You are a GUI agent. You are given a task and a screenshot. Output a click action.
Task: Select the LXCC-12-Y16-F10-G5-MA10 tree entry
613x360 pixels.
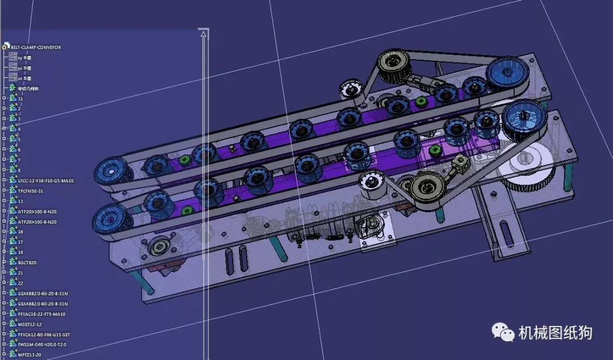pyautogui.click(x=45, y=181)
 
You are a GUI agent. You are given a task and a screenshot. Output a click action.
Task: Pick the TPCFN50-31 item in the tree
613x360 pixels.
pyautogui.click(x=31, y=191)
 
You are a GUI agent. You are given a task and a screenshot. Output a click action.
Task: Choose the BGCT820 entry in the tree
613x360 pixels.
pyautogui.click(x=27, y=262)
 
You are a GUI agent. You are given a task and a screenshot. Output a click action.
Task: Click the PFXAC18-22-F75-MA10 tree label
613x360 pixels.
pyautogui.click(x=41, y=314)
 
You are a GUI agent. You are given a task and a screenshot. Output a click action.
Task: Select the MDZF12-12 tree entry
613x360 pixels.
pyautogui.click(x=30, y=324)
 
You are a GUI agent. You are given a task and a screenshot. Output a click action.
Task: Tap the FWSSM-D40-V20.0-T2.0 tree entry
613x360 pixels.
pyautogui.click(x=42, y=345)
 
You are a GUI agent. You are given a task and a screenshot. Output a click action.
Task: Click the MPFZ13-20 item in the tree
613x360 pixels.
pyautogui.click(x=29, y=355)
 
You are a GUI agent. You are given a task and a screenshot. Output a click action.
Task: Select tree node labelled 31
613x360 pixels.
pyautogui.click(x=20, y=99)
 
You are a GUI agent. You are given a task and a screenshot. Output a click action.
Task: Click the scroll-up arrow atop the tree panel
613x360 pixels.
pyautogui.click(x=204, y=35)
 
